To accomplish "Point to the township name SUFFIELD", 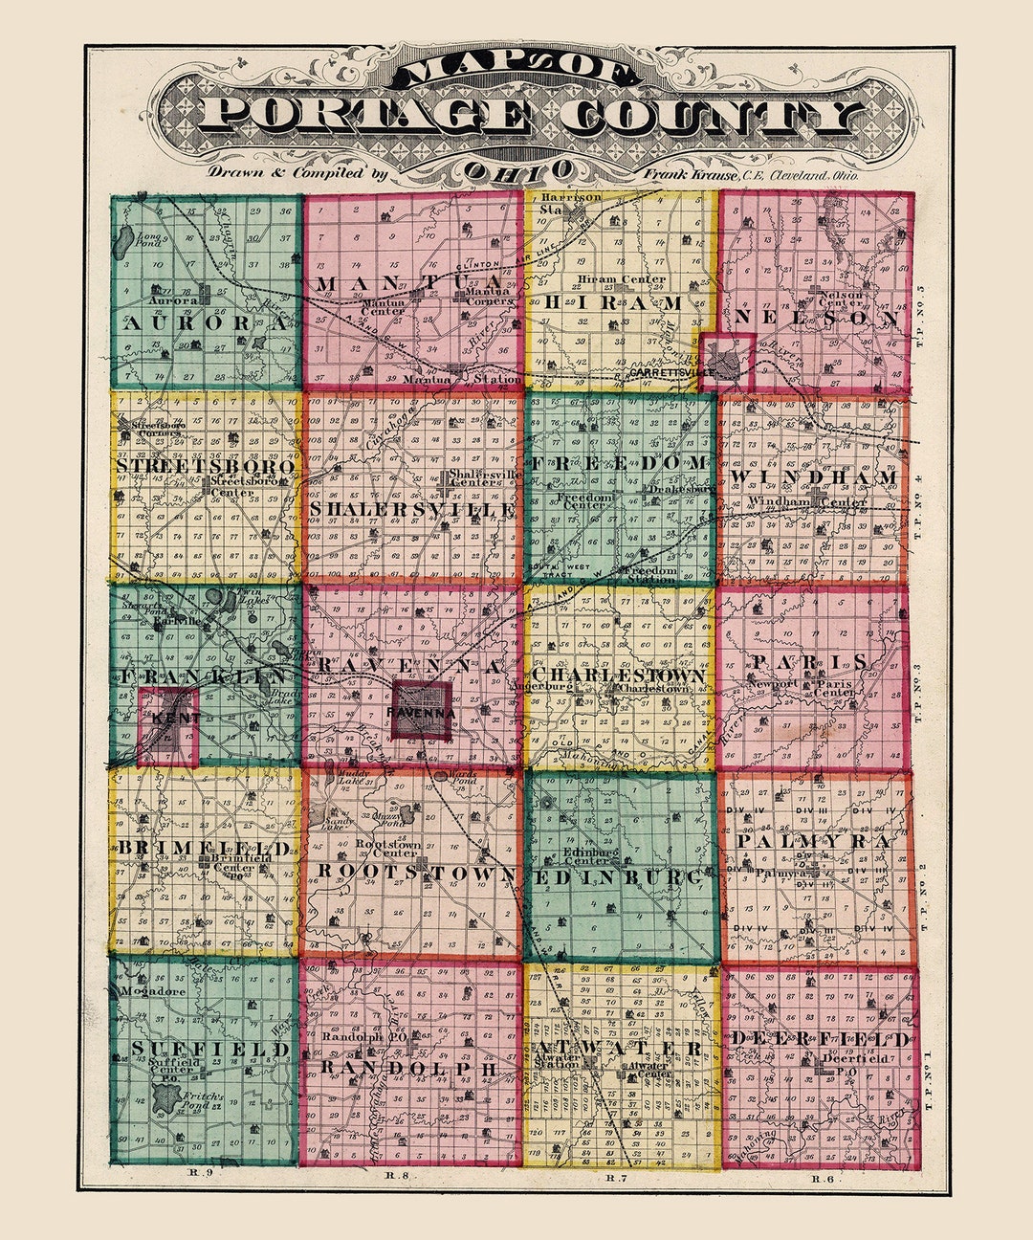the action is pos(210,1050).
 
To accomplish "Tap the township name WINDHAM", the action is pos(814,476).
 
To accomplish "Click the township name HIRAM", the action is pos(614,302).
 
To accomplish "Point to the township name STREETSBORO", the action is pos(206,466).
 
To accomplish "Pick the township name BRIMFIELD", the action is pos(204,849).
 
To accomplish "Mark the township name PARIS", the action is pos(809,662).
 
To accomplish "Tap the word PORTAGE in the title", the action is pos(368,116).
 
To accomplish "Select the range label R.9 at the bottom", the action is pos(192,1172).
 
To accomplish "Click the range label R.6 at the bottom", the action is pos(823,1178).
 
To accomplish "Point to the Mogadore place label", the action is pos(153,991).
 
